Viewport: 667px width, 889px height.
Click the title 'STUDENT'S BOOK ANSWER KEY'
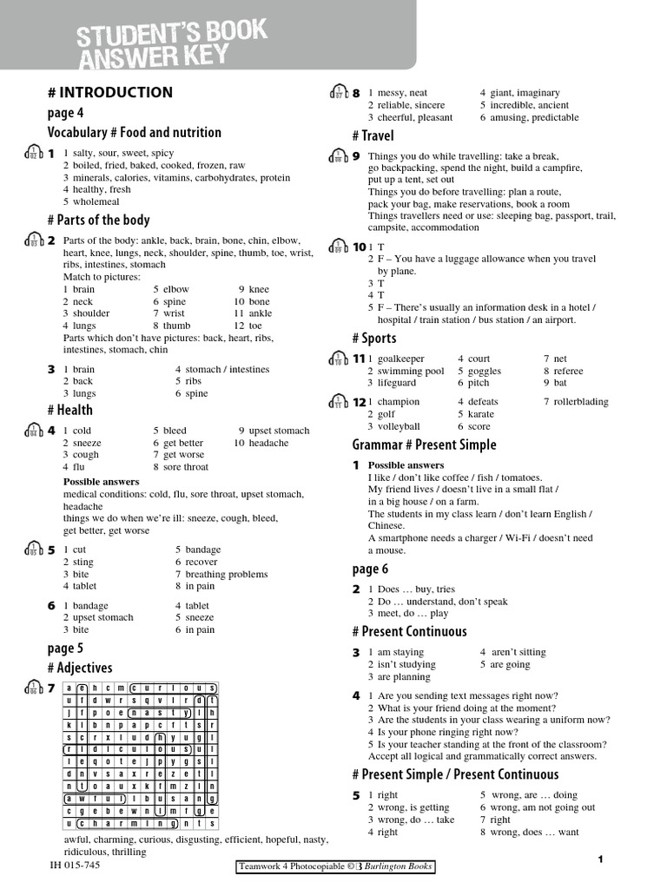click(x=171, y=46)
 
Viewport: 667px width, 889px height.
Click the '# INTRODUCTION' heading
click(x=109, y=93)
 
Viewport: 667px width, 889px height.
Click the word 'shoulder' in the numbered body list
click(x=91, y=313)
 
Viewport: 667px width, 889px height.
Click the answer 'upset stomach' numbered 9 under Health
click(x=279, y=431)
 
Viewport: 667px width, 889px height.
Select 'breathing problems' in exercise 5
click(x=227, y=574)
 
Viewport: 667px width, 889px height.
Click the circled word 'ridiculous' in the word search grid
click(x=133, y=748)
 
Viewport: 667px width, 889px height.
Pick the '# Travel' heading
click(x=373, y=135)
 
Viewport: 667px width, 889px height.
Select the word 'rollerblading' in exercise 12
click(x=581, y=402)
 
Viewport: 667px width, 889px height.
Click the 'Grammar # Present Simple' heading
click(x=424, y=444)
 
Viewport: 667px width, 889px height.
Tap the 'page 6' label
click(x=370, y=569)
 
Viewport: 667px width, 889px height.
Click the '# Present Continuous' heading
click(x=409, y=631)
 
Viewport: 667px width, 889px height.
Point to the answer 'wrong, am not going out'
click(x=543, y=807)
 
